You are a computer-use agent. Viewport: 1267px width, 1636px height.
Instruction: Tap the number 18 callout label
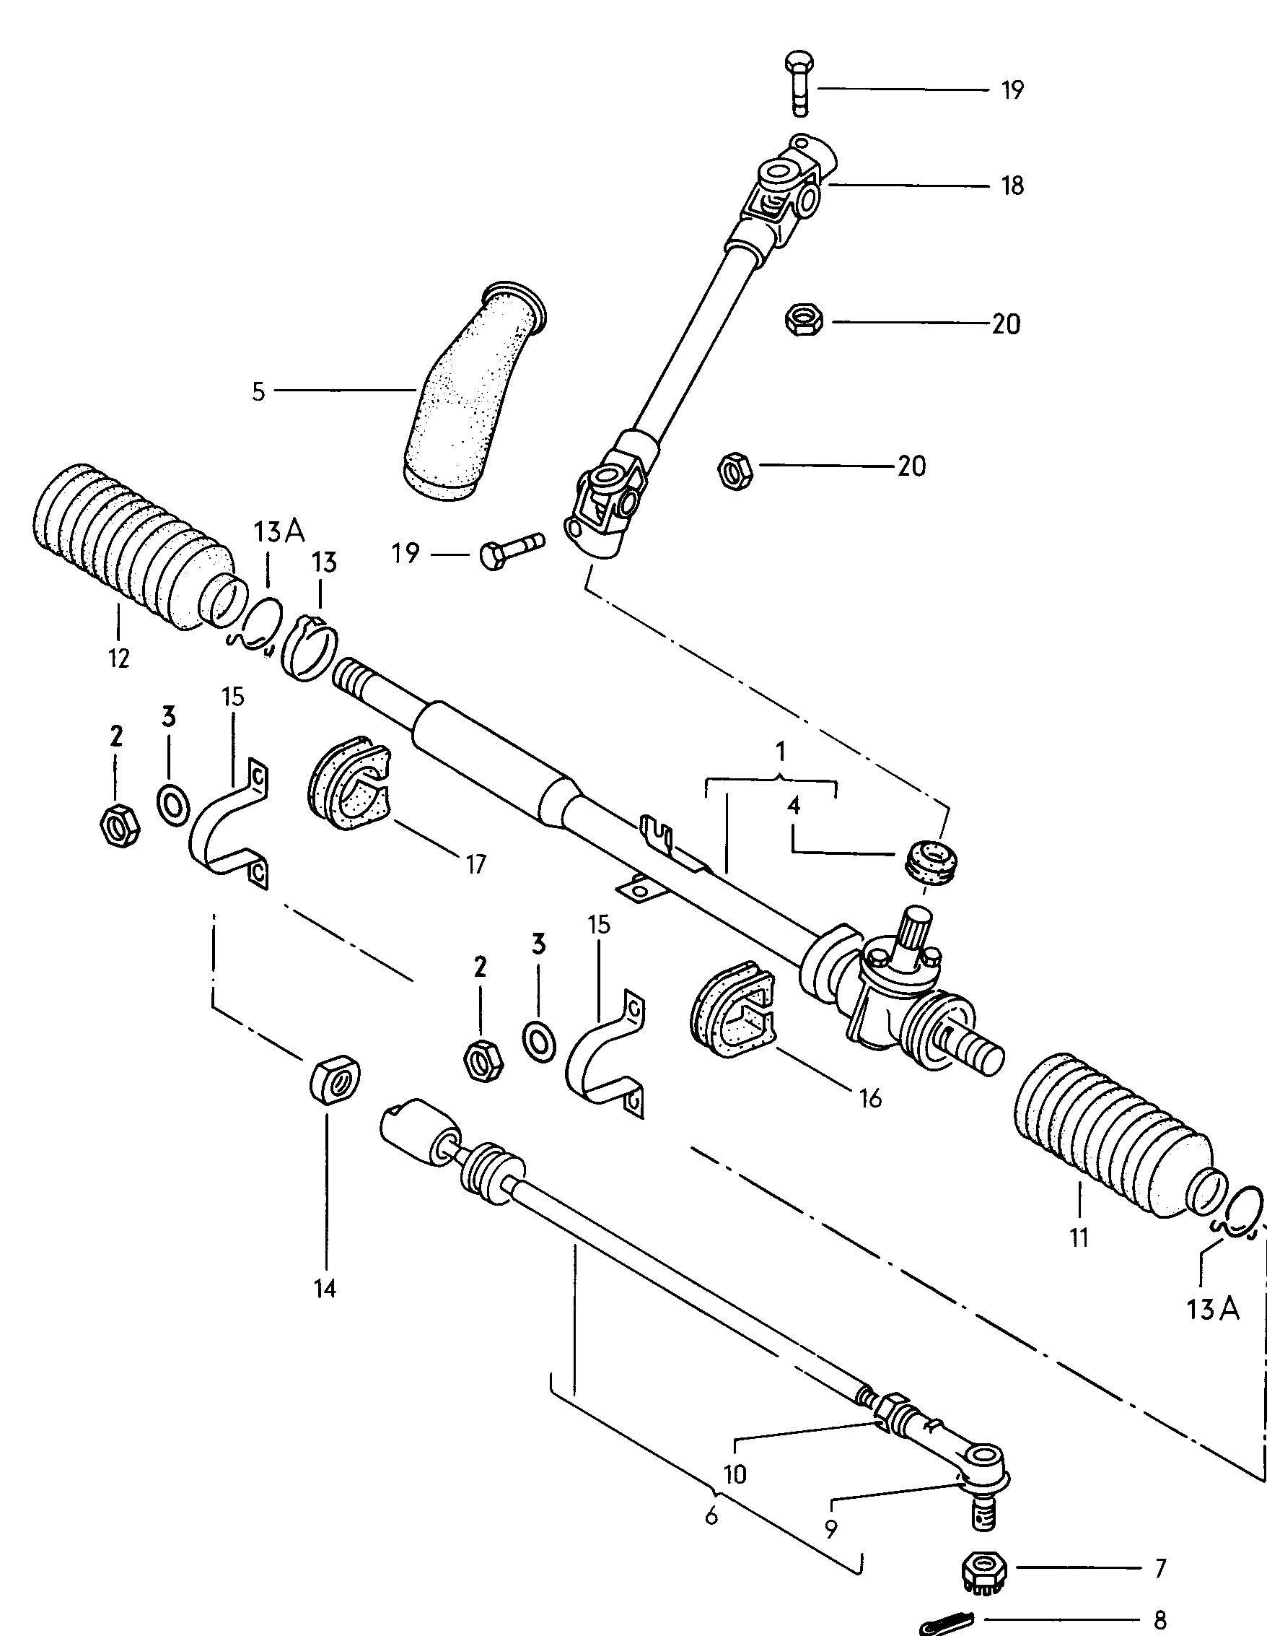pyautogui.click(x=1012, y=186)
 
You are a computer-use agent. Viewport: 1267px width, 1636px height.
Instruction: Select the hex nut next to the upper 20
pyautogui.click(x=805, y=320)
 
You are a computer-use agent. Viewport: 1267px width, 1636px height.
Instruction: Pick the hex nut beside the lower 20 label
pyautogui.click(x=735, y=471)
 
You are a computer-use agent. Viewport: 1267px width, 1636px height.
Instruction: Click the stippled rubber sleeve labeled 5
pyautogui.click(x=470, y=393)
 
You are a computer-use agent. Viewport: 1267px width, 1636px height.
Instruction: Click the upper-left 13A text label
pyautogui.click(x=279, y=531)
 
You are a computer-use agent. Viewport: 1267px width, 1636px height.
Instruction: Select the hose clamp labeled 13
pyautogui.click(x=310, y=647)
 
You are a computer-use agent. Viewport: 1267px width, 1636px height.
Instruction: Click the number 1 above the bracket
pyautogui.click(x=780, y=750)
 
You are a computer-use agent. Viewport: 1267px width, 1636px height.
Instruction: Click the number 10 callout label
pyautogui.click(x=735, y=1474)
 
